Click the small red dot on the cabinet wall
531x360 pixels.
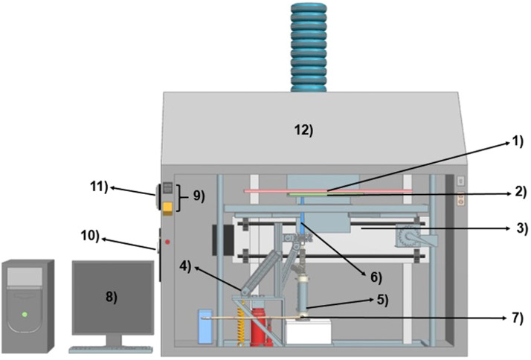pyautogui.click(x=167, y=242)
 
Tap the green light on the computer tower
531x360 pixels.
pyautogui.click(x=25, y=313)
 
